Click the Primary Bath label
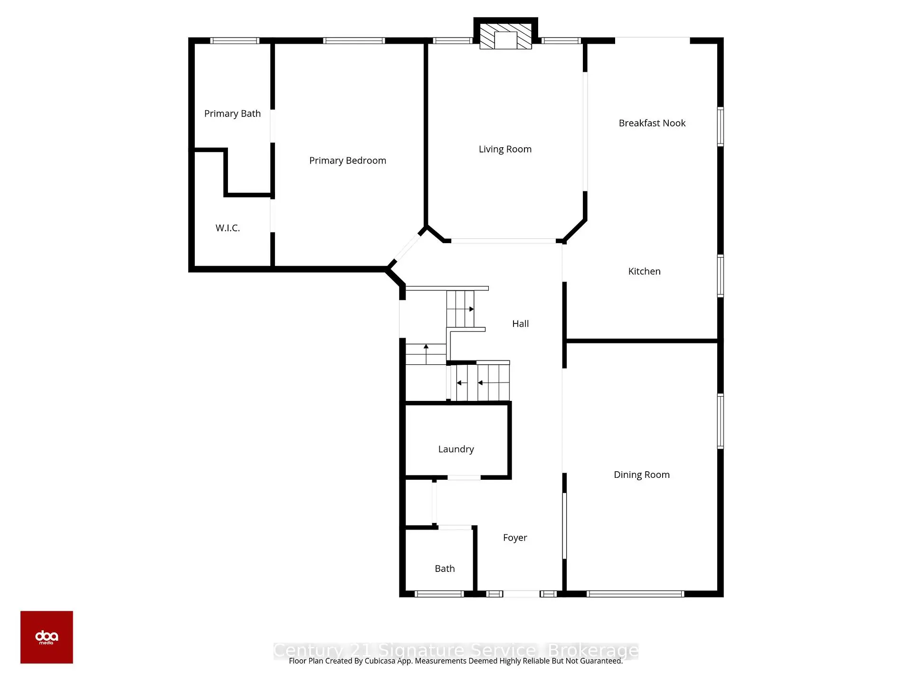[232, 114]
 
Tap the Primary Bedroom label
[347, 161]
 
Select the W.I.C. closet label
[228, 228]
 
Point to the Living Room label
[505, 149]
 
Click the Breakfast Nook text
[652, 123]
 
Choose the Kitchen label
[644, 271]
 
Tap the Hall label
[520, 323]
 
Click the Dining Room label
[641, 475]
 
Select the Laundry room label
[456, 449]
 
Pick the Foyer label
[515, 537]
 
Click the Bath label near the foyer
[445, 569]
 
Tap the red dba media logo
[47, 637]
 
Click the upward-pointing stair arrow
[426, 347]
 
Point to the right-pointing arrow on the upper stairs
[471, 309]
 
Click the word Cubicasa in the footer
[380, 661]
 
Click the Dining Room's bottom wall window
[635, 594]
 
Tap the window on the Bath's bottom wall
[439, 594]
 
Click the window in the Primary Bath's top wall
[235, 41]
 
